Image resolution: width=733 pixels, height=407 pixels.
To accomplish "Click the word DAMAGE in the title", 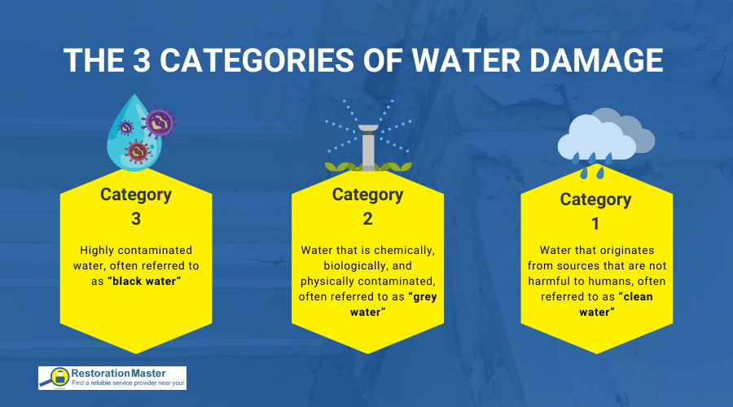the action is [596, 60].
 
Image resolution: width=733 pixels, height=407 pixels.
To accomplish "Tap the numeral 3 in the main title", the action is [141, 60].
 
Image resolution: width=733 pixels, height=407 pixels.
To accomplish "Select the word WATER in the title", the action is [466, 60].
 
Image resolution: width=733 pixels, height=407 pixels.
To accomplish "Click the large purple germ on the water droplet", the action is [160, 123].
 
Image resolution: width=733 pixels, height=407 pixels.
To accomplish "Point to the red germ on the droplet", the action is [138, 151].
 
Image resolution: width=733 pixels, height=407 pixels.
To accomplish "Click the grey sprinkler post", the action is [368, 147].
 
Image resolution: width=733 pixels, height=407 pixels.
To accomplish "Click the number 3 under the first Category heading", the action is [136, 219].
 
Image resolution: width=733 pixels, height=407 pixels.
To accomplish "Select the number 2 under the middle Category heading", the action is [368, 219].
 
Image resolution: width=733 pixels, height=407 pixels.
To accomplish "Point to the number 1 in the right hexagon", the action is [595, 224].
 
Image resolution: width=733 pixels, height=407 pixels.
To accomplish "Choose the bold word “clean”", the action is [636, 297].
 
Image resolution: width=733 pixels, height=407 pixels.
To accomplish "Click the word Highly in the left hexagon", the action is [97, 251].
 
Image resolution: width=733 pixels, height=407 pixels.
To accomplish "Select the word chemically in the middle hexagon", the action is [406, 251].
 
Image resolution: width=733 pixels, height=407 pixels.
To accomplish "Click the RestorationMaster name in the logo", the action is [118, 374].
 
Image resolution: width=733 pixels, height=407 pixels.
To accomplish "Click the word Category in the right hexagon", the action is [595, 199].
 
